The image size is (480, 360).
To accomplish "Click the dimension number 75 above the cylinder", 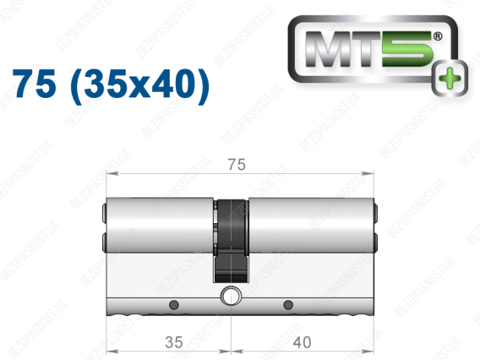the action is (237, 165).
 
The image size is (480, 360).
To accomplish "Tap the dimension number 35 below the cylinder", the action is (174, 342).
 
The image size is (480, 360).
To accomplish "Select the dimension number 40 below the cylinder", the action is (302, 342).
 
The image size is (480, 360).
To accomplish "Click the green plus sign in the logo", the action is (450, 79).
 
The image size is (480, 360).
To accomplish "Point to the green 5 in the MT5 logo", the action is (406, 49).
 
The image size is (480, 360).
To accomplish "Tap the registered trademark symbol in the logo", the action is (438, 36).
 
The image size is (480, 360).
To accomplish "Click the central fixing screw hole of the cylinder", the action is (231, 296).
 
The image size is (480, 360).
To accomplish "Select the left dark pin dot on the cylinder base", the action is (174, 304).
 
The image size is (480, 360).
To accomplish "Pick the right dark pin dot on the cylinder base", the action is (288, 304).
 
